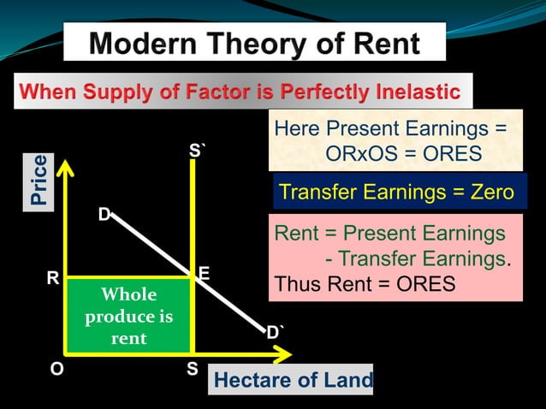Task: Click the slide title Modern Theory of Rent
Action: point(254,43)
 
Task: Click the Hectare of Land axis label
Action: point(293,380)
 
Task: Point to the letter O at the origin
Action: point(56,370)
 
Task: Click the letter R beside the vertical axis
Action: point(52,279)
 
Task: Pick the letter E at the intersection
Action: point(204,272)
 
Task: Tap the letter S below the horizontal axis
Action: point(193,370)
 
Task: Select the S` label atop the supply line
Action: point(197,152)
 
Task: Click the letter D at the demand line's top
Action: point(104,215)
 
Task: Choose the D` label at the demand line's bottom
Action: point(275,333)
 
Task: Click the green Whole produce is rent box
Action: point(128,316)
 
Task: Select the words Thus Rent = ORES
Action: point(365,283)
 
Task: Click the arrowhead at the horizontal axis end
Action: point(285,353)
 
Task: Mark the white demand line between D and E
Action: point(154,242)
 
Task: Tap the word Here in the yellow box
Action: point(294,129)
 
